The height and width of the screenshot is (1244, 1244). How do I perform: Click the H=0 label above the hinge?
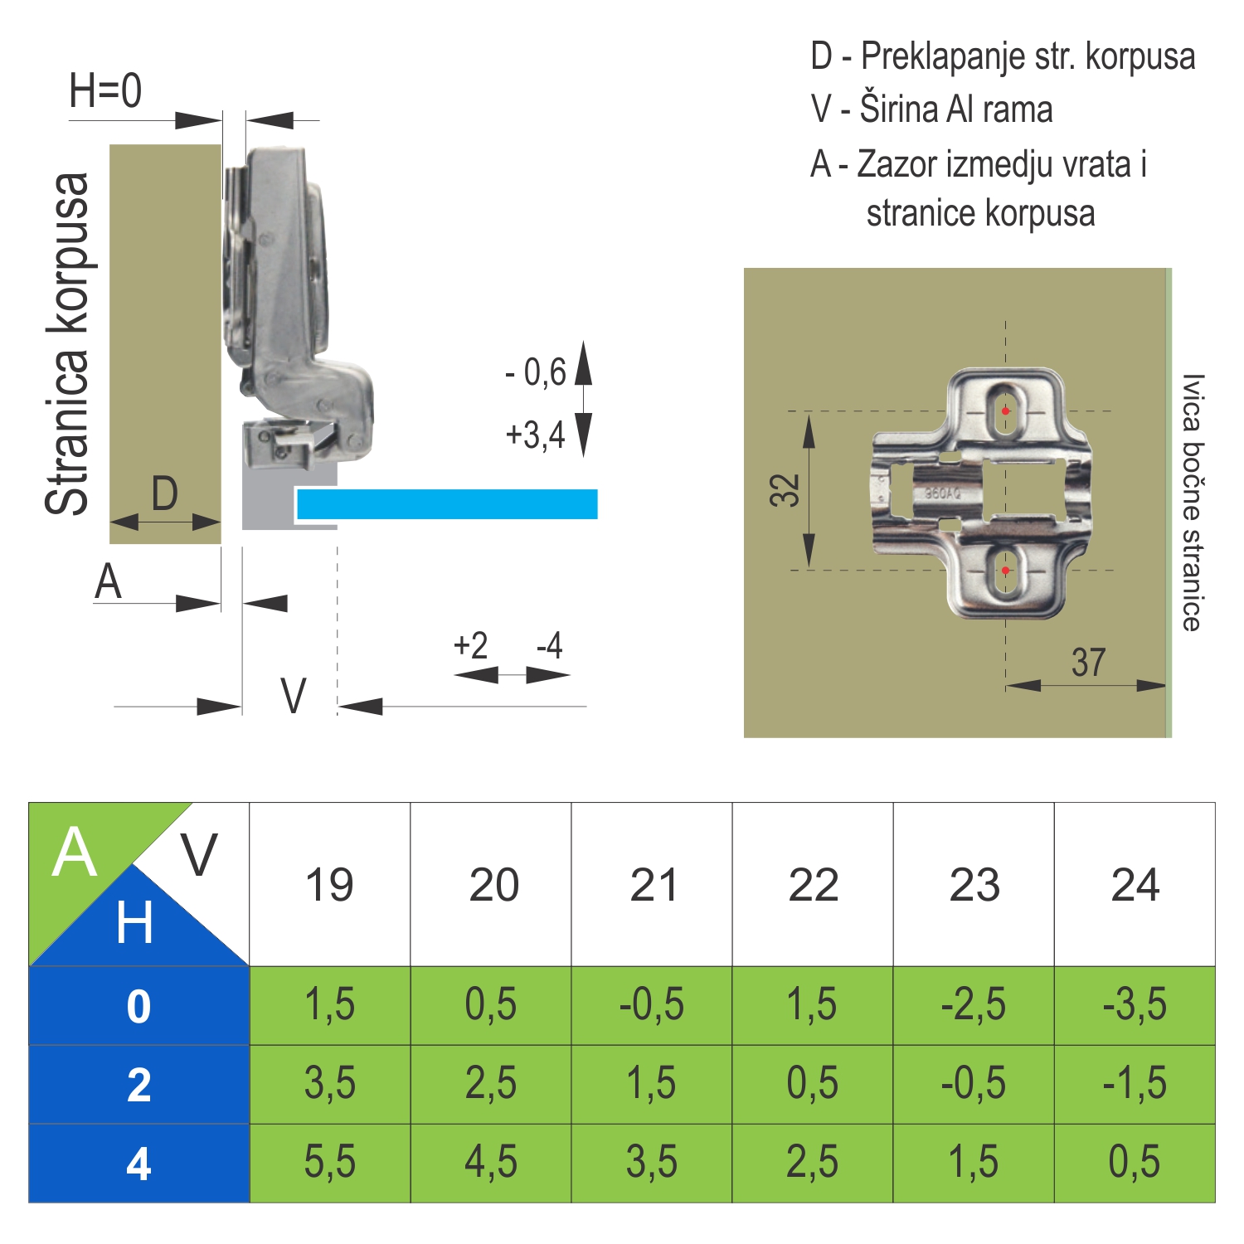point(105,90)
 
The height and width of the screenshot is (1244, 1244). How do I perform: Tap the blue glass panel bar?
point(447,503)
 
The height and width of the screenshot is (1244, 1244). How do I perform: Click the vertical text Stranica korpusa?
point(67,344)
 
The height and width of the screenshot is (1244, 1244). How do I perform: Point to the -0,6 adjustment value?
point(536,372)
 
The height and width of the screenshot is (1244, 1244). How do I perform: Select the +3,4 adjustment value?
point(536,435)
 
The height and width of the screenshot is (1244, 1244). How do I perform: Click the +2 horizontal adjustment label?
point(470,645)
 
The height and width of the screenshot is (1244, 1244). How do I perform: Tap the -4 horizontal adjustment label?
point(549,645)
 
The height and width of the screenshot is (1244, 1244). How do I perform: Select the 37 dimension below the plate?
point(1088,662)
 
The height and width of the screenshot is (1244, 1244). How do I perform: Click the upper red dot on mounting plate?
point(1006,411)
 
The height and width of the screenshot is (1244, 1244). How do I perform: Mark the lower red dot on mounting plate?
point(1006,571)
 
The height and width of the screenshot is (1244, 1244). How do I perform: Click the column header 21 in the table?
point(654,885)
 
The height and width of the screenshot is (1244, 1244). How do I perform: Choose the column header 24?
point(1135,885)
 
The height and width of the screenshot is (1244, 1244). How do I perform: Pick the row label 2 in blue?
point(139,1085)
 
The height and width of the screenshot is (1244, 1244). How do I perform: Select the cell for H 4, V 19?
point(330,1163)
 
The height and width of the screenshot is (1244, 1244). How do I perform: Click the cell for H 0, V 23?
point(974,1004)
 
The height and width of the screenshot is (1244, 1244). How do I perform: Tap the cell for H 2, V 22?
point(813,1084)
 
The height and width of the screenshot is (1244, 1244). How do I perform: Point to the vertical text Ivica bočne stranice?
point(1192,503)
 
